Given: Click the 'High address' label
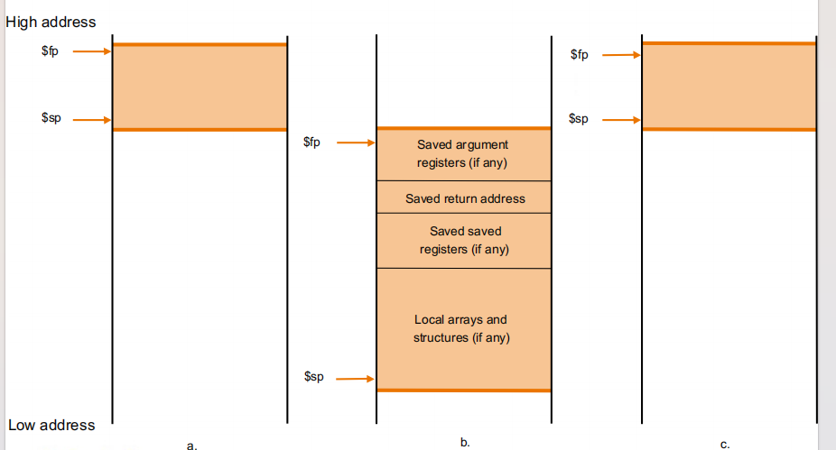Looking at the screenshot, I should point(51,22).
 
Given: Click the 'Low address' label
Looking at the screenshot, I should point(51,425).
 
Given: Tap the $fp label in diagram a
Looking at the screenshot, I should point(51,52).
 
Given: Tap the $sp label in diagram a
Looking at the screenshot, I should point(51,119).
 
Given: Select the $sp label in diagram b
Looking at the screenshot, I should point(313,377).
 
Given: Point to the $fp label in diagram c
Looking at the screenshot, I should point(579,55).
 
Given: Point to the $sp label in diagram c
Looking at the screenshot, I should point(579,119).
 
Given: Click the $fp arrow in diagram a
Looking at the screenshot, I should point(91,52).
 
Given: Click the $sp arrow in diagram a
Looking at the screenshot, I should point(91,119).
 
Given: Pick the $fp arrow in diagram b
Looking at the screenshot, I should point(356,142).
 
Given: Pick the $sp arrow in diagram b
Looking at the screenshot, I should point(356,379).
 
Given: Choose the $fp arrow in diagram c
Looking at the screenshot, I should point(621,55).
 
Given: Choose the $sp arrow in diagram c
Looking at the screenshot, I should point(621,119).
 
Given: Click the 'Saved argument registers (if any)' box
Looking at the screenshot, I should point(463,154).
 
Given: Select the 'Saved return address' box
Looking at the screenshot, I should point(463,197).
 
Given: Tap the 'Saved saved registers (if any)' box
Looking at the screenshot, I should point(463,241).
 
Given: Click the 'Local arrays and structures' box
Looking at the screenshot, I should point(463,328).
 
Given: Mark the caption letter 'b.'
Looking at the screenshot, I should point(465,442).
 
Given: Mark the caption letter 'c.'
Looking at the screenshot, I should point(725,444).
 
